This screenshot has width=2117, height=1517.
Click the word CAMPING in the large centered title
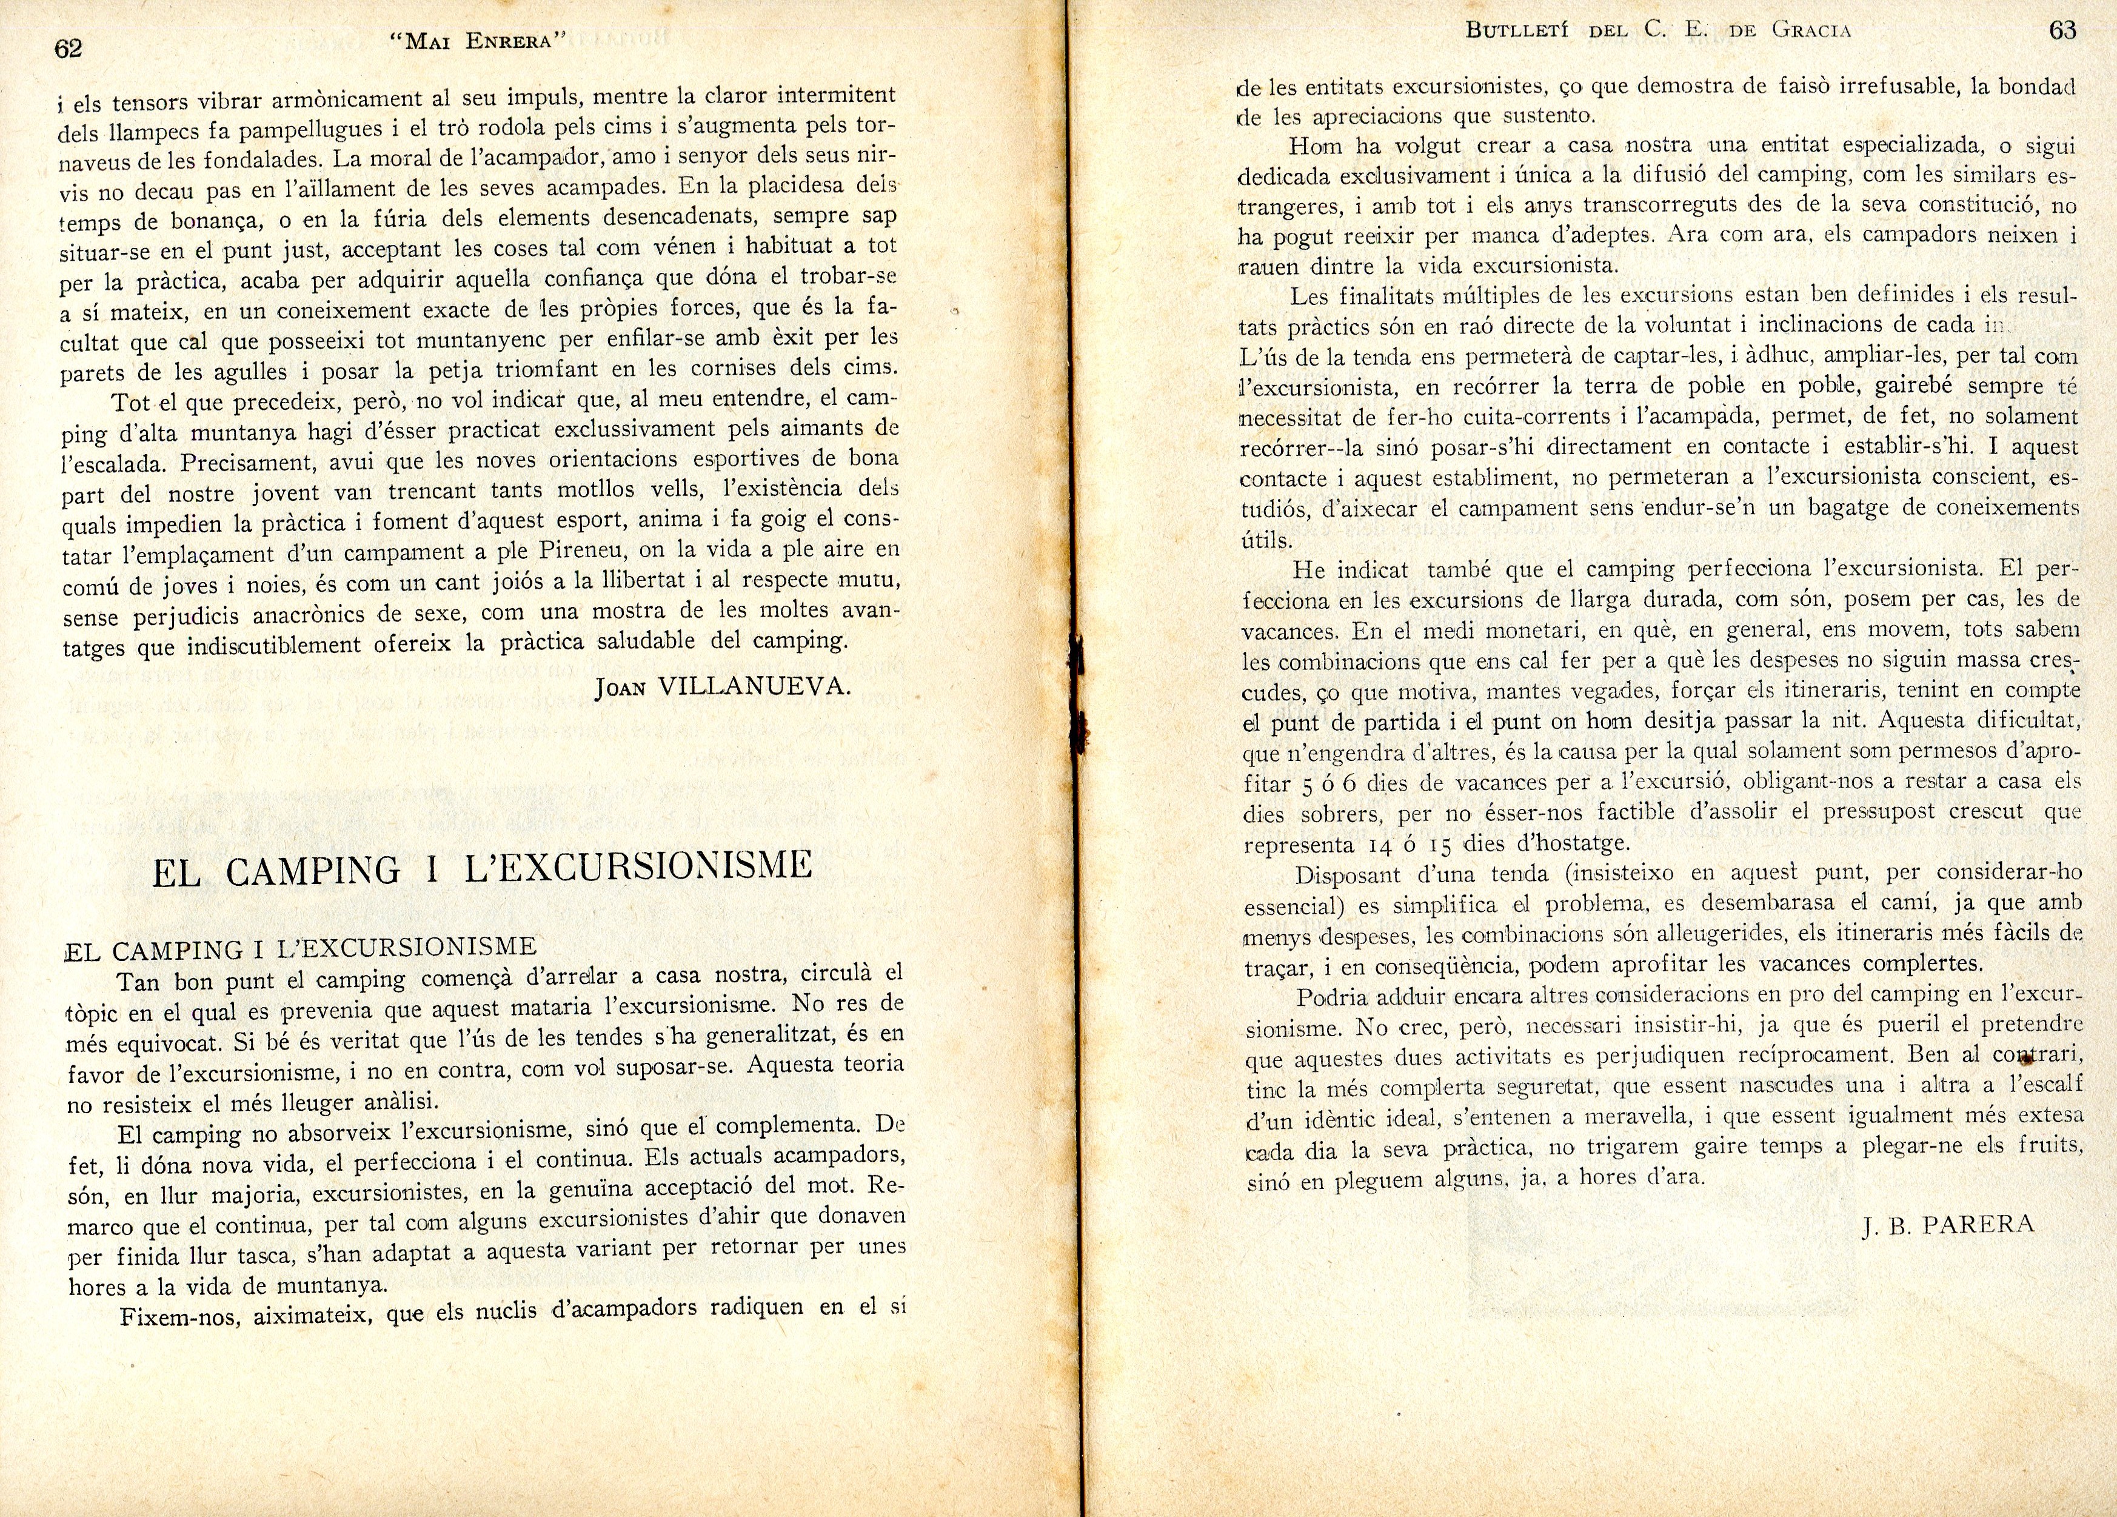click(x=313, y=870)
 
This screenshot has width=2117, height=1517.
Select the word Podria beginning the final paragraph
click(x=1335, y=997)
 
